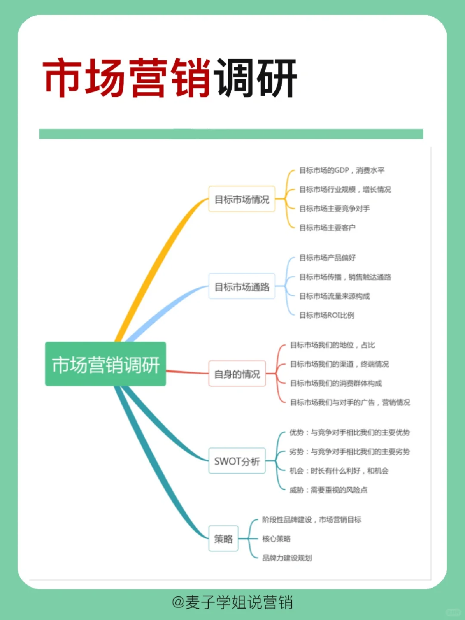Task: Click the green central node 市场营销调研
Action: (x=105, y=364)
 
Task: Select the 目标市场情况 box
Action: (x=242, y=199)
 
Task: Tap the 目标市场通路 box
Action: (x=242, y=287)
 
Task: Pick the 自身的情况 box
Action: (x=237, y=374)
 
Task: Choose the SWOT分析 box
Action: (x=237, y=461)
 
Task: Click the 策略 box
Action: (x=223, y=539)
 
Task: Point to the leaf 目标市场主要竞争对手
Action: (x=335, y=209)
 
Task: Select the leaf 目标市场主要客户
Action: (x=327, y=227)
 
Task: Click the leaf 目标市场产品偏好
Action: (x=327, y=258)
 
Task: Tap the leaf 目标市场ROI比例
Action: (x=327, y=315)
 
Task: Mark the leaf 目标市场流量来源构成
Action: (x=335, y=296)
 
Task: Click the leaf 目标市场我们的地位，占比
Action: (x=332, y=345)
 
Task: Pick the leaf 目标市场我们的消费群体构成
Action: (x=336, y=383)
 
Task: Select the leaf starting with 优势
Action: (x=349, y=433)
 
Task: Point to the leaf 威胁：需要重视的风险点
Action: (x=328, y=490)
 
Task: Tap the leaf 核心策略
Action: (x=276, y=539)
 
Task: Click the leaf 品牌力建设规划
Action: (x=287, y=558)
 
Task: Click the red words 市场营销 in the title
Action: (x=127, y=78)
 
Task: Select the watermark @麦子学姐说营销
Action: (x=232, y=602)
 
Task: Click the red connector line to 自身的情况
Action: (x=187, y=372)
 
